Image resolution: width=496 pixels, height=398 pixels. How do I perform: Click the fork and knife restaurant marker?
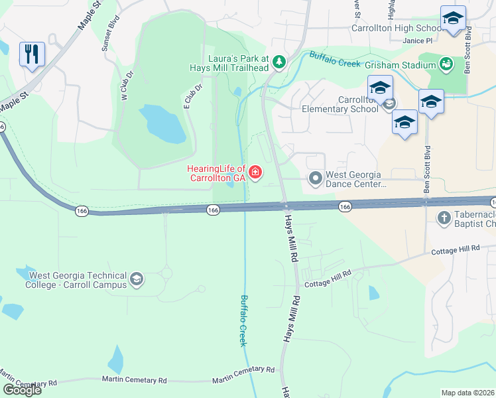pos(32,53)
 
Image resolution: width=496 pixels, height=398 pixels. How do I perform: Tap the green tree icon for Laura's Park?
pos(280,62)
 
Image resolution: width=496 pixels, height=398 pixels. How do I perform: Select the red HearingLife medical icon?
pos(255,174)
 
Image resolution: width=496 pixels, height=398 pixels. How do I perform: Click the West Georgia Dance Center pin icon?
pos(316,178)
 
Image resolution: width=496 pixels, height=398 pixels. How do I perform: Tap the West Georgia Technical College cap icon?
pos(137,279)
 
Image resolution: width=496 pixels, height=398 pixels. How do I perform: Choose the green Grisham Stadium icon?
pos(447,64)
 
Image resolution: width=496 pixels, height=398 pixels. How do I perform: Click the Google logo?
pos(22,390)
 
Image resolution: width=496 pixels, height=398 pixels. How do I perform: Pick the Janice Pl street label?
pos(417,40)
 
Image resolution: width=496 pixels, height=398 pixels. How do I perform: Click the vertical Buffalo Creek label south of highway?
pos(243,320)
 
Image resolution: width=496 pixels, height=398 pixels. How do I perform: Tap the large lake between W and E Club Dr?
pos(162,123)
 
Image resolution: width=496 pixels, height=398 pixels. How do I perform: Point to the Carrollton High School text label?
pos(396,29)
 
